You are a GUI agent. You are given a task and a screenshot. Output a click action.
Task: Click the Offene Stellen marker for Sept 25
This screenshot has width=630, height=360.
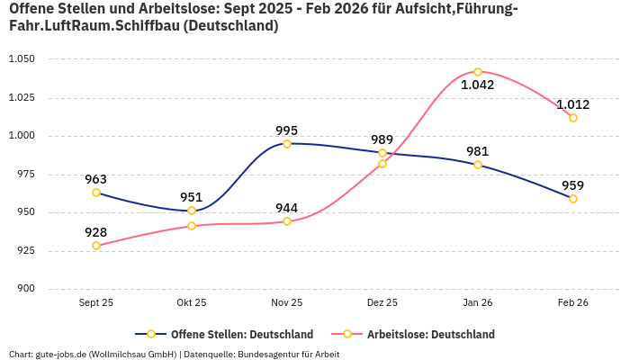tap(96, 193)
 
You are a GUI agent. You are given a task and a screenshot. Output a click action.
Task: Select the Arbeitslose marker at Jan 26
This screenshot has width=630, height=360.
tap(478, 72)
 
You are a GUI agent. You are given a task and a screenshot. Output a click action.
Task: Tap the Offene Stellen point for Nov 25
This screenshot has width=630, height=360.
tap(287, 144)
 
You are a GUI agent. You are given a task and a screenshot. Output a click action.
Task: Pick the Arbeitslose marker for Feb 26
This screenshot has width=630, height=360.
tap(573, 118)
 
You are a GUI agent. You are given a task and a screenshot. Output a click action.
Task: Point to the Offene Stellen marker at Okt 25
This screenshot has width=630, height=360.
tap(192, 211)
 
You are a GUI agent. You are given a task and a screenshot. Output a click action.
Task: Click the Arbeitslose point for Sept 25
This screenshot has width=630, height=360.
tap(96, 246)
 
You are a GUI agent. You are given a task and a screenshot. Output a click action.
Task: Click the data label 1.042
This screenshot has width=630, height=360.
tap(477, 85)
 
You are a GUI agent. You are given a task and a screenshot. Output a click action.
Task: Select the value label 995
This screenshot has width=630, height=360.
tap(287, 130)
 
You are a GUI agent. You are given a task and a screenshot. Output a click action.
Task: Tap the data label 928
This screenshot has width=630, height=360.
tap(96, 232)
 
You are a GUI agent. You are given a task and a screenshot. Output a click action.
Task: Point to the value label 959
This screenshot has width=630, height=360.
tap(573, 185)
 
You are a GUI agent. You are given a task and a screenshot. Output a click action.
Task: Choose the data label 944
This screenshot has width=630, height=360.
tap(287, 208)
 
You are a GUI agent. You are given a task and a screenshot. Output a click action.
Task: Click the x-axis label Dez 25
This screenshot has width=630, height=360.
tap(382, 303)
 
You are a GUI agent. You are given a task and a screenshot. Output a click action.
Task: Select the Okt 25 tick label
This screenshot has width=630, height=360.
tap(192, 303)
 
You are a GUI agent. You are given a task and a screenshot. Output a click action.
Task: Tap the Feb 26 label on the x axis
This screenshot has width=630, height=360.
tap(573, 303)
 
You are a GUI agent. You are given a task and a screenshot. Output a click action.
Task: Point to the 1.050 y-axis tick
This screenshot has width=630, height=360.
tap(21, 59)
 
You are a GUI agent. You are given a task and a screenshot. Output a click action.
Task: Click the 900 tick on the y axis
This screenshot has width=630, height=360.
tap(25, 289)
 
